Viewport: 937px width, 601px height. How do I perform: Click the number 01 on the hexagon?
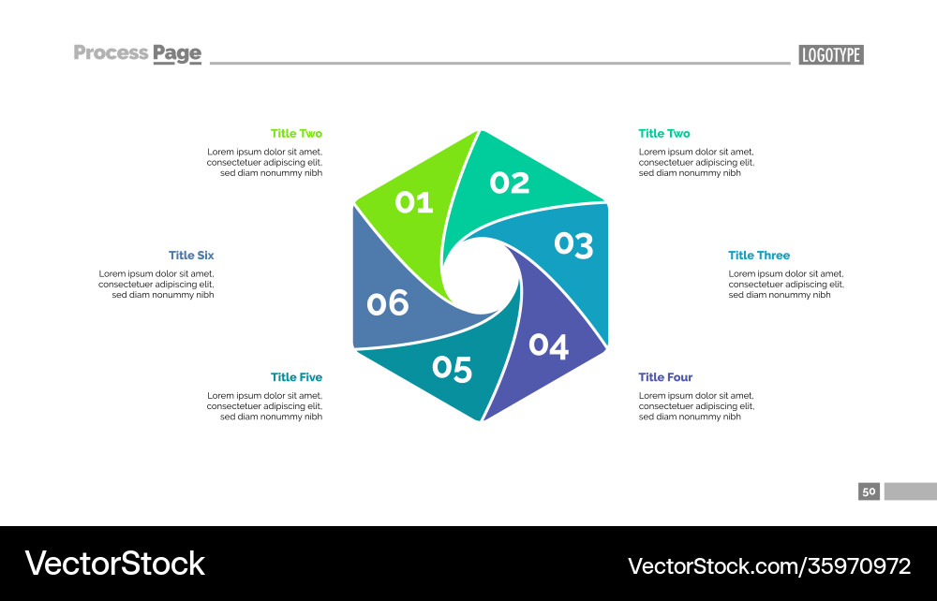coord(414,201)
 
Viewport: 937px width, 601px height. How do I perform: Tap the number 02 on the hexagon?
coord(510,183)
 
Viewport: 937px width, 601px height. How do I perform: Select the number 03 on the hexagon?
coord(573,245)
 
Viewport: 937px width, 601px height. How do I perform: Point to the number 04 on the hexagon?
coord(548,345)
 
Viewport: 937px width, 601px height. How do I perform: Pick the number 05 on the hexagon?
coord(452,369)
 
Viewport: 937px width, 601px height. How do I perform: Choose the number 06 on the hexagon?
coord(388,303)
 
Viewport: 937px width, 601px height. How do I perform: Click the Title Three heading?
coord(759,256)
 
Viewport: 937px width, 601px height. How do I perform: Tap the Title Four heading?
coord(665,377)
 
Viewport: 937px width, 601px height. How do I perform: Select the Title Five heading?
coord(296,377)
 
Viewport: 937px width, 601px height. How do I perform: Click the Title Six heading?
coord(191,256)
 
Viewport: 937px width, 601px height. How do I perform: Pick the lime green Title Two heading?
coord(296,134)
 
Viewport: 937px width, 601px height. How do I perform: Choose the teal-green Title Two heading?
coord(664,134)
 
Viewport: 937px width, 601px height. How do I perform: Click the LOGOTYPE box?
coord(831,55)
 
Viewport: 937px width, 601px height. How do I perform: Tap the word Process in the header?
coord(111,53)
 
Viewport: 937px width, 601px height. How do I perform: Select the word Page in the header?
coord(177,54)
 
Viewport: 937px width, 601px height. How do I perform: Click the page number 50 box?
coord(869,491)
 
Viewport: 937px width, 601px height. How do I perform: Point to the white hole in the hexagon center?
coord(481,272)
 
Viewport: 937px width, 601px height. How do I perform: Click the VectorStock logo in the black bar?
coord(115,564)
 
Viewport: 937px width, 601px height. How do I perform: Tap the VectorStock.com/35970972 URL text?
coord(768,565)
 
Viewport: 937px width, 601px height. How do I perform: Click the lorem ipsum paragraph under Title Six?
coord(156,284)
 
